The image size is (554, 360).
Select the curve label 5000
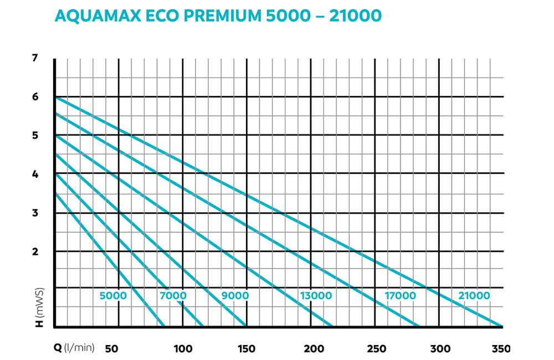coord(113,296)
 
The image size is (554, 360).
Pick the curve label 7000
coord(173,296)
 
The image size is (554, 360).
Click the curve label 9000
coord(235,296)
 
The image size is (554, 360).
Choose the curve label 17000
coord(400,296)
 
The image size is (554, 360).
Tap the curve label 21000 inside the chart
coord(474,296)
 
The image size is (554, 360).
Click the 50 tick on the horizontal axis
coord(112,348)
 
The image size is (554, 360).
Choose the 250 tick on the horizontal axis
coord(377,348)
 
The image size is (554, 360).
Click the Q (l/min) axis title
coord(74,348)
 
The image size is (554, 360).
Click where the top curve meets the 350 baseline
coord(502,326)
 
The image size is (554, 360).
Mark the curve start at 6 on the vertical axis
coord(55,97)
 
